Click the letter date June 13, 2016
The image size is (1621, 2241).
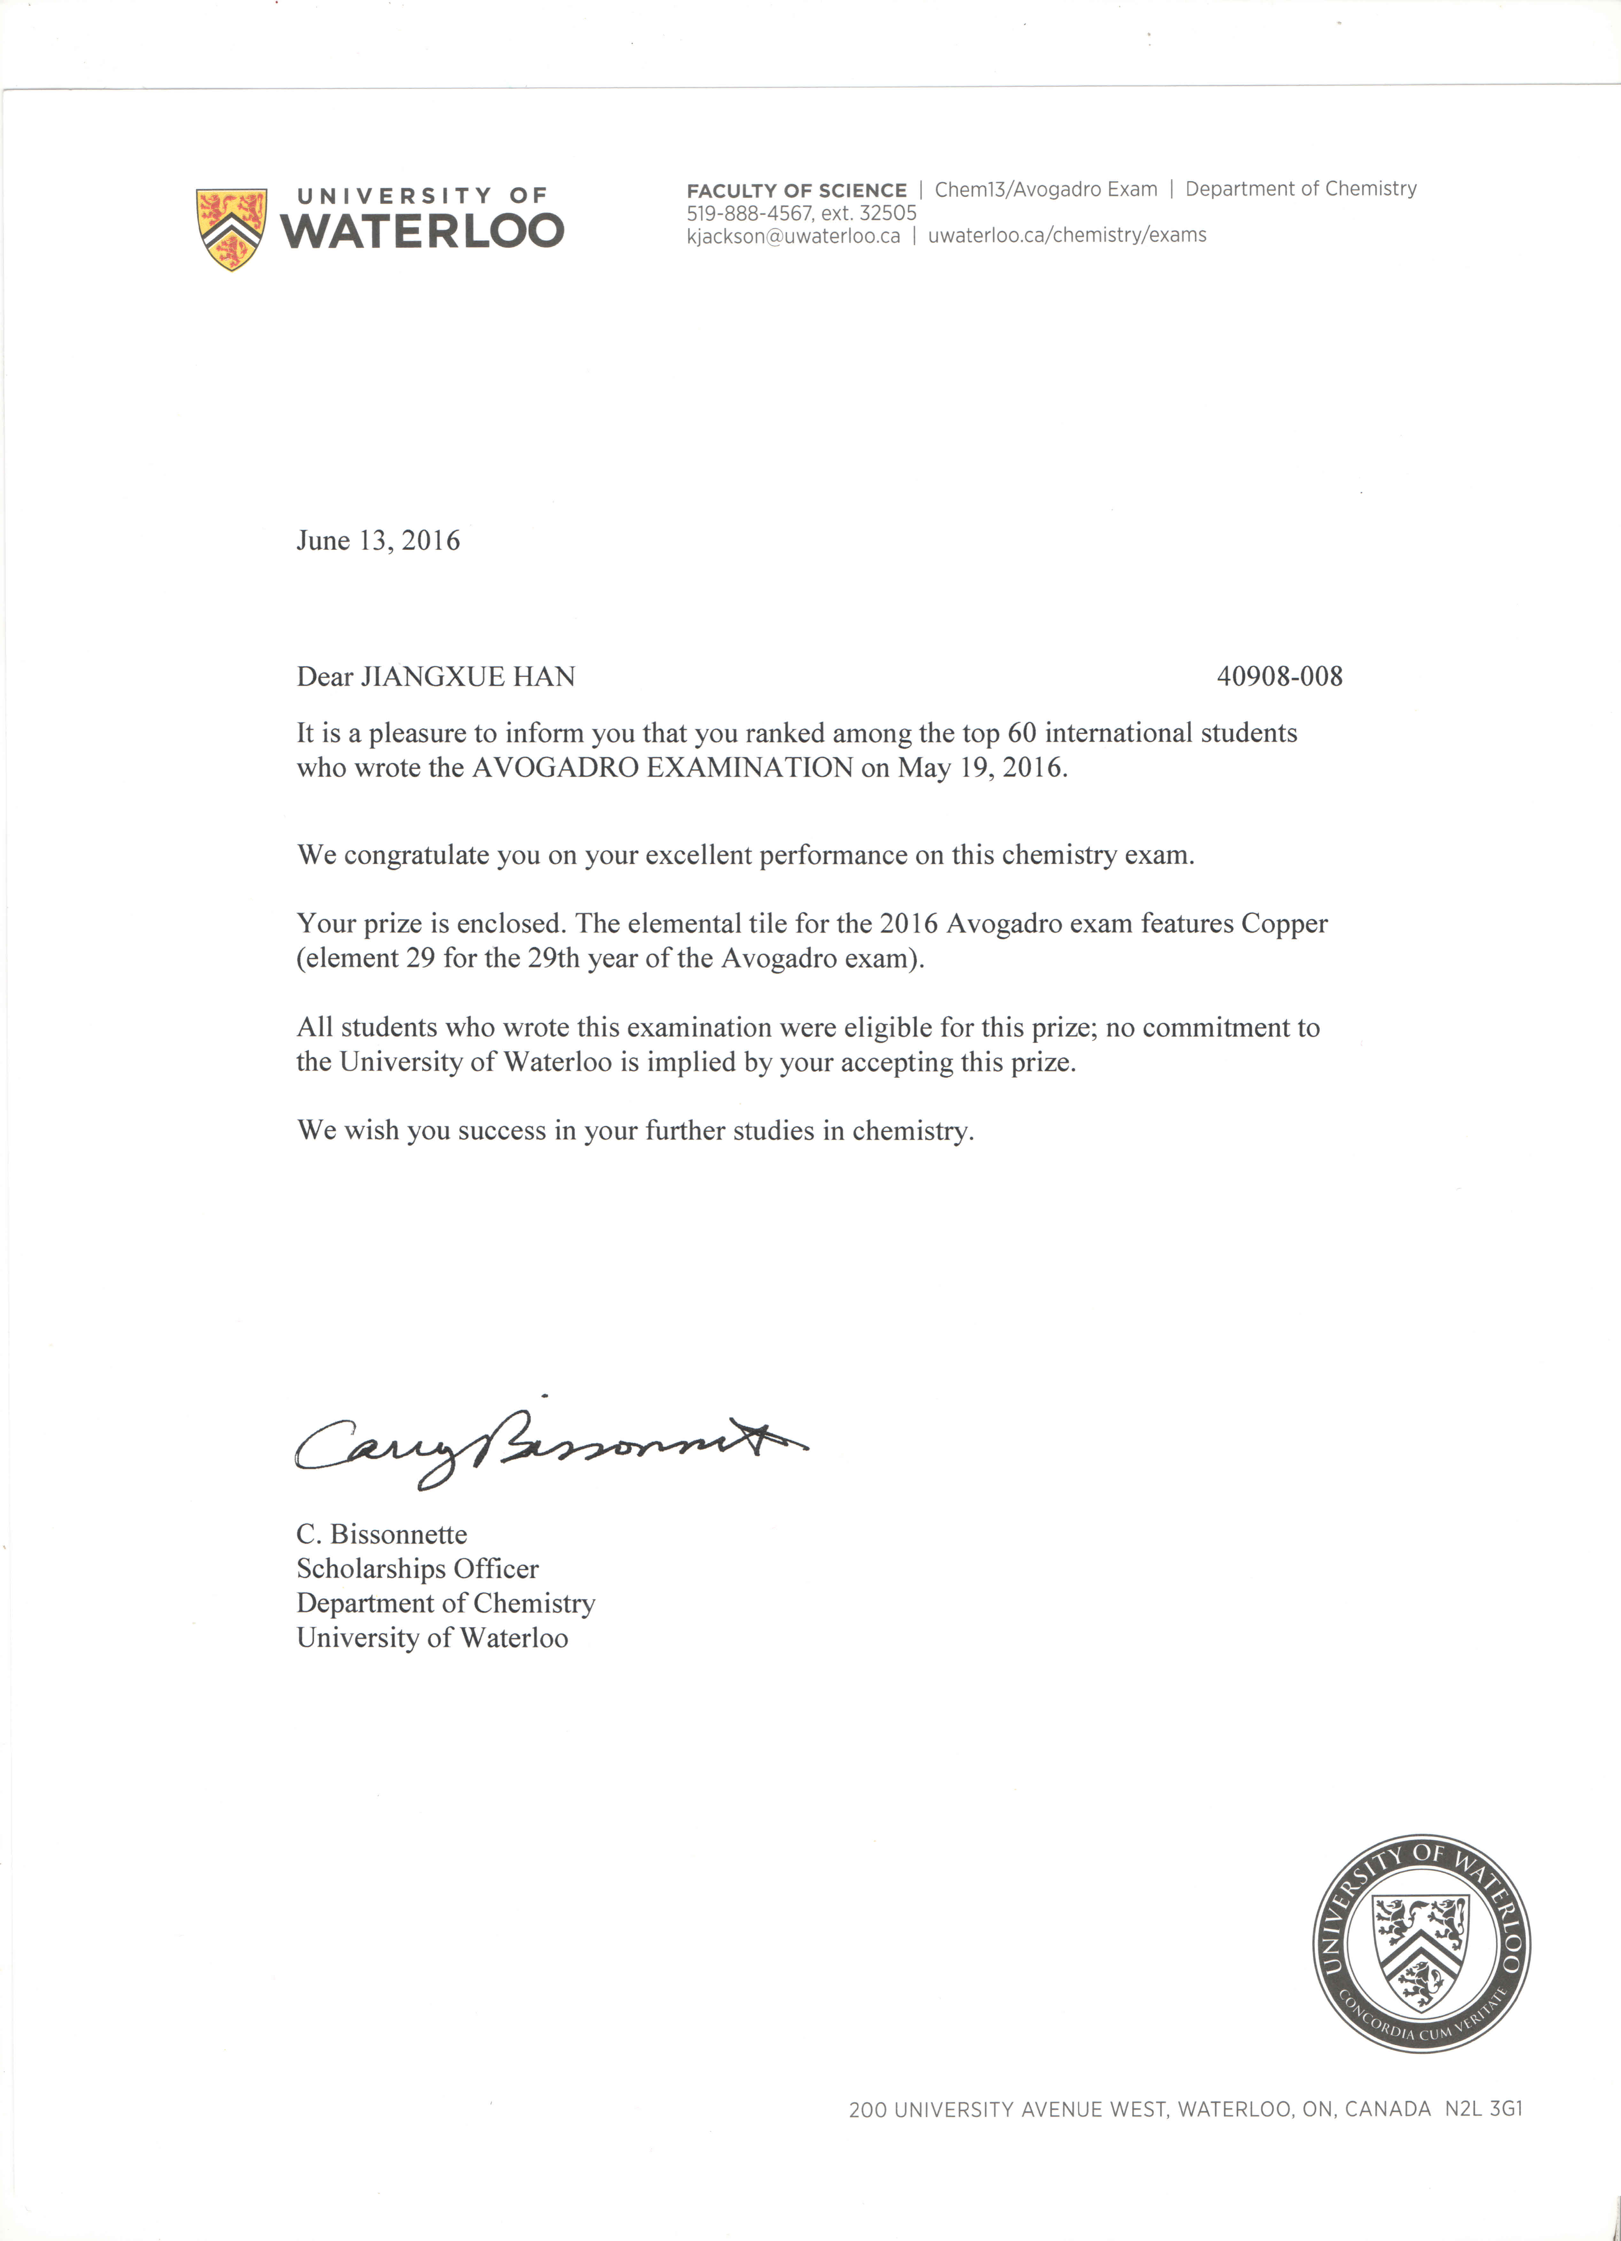pos(378,540)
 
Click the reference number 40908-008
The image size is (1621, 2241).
pos(1279,677)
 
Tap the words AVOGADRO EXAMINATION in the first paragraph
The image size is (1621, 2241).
pos(662,768)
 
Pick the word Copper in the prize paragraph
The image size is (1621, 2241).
pos(1284,924)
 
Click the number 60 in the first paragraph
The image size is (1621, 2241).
pos(1021,733)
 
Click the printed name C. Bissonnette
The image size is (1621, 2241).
pos(381,1535)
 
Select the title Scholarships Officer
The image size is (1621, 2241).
pos(417,1569)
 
